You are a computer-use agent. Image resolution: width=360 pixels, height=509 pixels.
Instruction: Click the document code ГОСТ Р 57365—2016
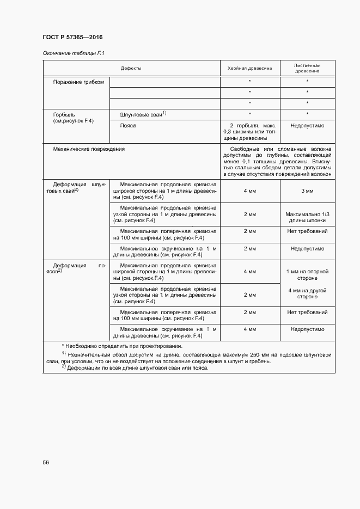[x=72, y=38]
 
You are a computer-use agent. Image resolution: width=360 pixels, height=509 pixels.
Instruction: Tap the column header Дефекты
[x=131, y=68]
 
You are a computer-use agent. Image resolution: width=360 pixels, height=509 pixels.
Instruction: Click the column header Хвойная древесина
[x=249, y=68]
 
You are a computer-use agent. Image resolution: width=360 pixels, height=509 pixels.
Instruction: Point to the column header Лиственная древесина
[x=307, y=68]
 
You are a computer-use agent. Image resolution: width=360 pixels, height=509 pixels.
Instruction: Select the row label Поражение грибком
[x=78, y=82]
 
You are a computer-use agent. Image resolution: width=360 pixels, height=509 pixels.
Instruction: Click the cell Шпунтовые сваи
[x=143, y=114]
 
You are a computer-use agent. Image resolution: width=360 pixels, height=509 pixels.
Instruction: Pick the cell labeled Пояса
[x=128, y=125]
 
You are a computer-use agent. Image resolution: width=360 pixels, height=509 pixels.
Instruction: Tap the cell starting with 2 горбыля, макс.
[x=249, y=132]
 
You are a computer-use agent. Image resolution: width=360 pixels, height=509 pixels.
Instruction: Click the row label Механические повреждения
[x=89, y=149]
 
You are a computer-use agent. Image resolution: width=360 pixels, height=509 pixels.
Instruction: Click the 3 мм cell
[x=307, y=191]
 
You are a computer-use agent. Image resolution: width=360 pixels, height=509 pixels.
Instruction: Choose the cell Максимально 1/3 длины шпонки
[x=307, y=218]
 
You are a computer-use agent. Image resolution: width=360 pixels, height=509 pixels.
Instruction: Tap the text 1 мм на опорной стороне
[x=307, y=274]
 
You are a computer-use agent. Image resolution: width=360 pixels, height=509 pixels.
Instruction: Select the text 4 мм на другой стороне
[x=307, y=293]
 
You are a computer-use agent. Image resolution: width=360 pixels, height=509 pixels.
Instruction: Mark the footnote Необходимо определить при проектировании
[x=122, y=346]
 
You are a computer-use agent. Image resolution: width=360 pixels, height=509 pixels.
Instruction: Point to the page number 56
[x=46, y=462]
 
